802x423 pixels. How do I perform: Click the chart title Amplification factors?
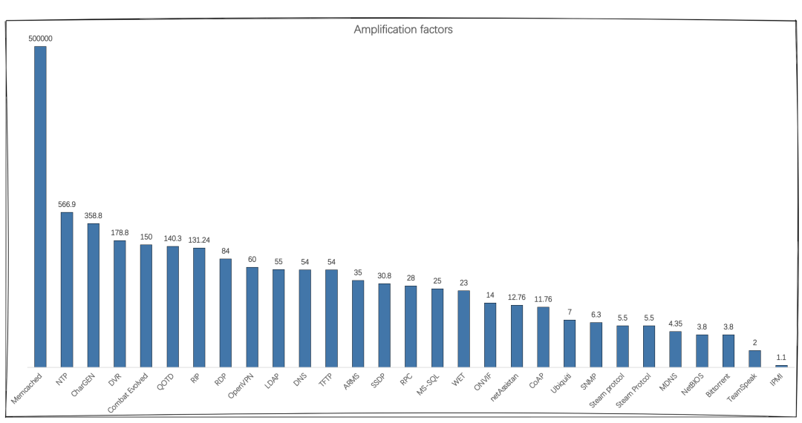pyautogui.click(x=403, y=30)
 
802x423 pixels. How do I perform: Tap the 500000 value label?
pyautogui.click(x=40, y=38)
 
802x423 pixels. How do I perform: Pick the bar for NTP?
pyautogui.click(x=67, y=289)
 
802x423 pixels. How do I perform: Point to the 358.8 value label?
pyautogui.click(x=93, y=215)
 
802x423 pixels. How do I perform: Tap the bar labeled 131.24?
pyautogui.click(x=199, y=307)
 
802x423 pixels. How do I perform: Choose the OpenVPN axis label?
pyautogui.click(x=242, y=385)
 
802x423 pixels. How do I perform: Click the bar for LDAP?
pyautogui.click(x=278, y=318)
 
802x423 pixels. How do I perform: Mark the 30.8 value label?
pyautogui.click(x=385, y=275)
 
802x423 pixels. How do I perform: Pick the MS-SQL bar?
pyautogui.click(x=437, y=328)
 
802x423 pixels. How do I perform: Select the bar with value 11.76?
pyautogui.click(x=544, y=337)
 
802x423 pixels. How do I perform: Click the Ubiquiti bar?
pyautogui.click(x=570, y=344)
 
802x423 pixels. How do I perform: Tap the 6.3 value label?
pyautogui.click(x=596, y=314)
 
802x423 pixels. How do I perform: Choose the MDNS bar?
pyautogui.click(x=675, y=349)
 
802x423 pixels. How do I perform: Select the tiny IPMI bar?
pyautogui.click(x=781, y=366)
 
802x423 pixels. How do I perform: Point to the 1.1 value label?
pyautogui.click(x=781, y=357)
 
